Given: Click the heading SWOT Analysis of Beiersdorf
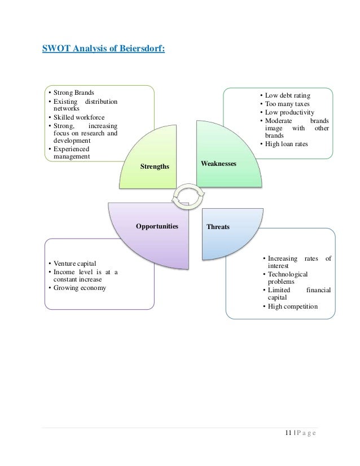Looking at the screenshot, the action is [104, 49].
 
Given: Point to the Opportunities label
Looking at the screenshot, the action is [157, 226].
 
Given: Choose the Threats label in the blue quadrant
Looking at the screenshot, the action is [218, 227].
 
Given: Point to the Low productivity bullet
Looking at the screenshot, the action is [290, 112].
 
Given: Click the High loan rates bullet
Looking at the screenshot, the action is [288, 144].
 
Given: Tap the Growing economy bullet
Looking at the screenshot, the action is [80, 288].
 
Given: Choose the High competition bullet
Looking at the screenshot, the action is [293, 306].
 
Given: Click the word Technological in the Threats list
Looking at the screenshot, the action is [288, 274].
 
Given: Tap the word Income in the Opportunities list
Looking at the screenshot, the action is [65, 272].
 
